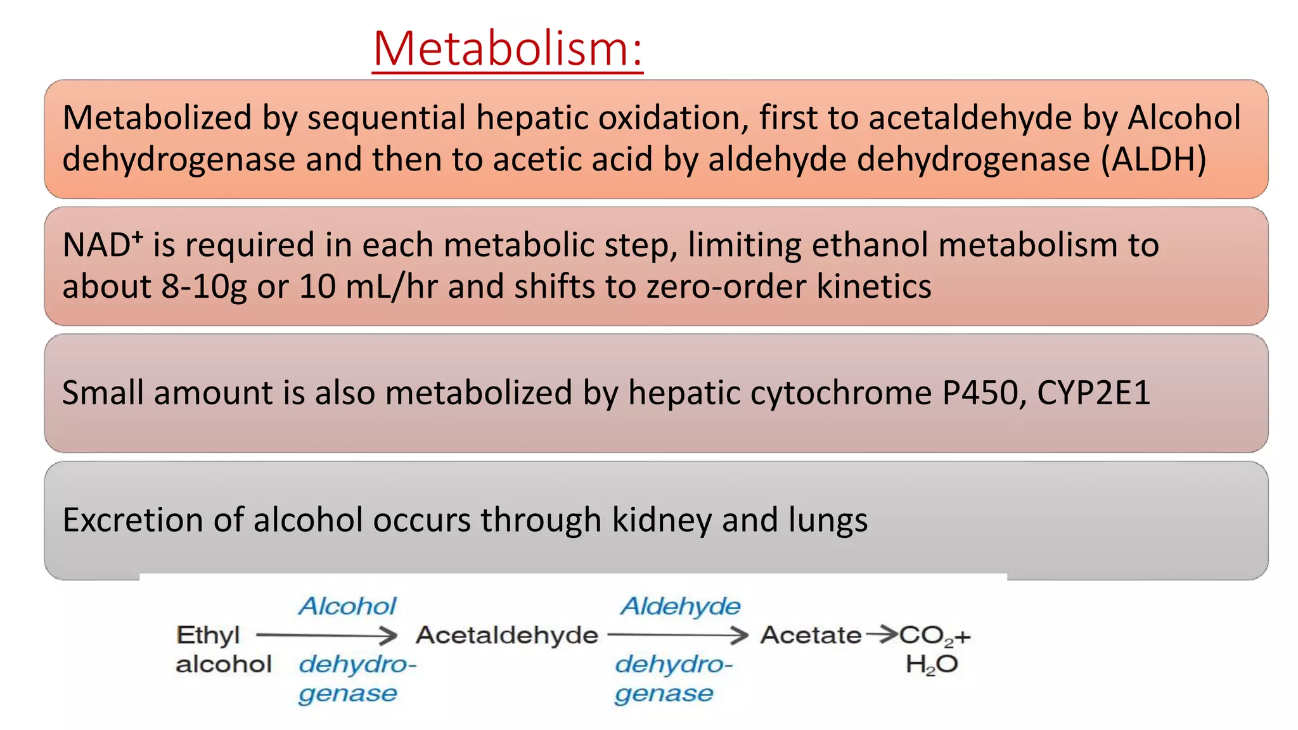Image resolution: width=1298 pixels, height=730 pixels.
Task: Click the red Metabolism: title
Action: click(x=508, y=49)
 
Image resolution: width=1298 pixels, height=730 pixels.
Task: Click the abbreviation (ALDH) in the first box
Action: click(x=1153, y=159)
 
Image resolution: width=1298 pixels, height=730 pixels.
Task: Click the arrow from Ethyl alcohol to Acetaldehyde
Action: click(x=326, y=635)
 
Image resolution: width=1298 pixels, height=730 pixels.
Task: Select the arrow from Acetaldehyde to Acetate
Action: click(x=678, y=635)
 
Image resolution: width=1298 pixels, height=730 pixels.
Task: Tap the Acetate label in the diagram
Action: click(x=811, y=635)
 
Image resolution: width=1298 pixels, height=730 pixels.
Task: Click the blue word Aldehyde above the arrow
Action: click(x=680, y=606)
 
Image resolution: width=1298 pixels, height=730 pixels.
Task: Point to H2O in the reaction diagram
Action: click(x=931, y=665)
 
